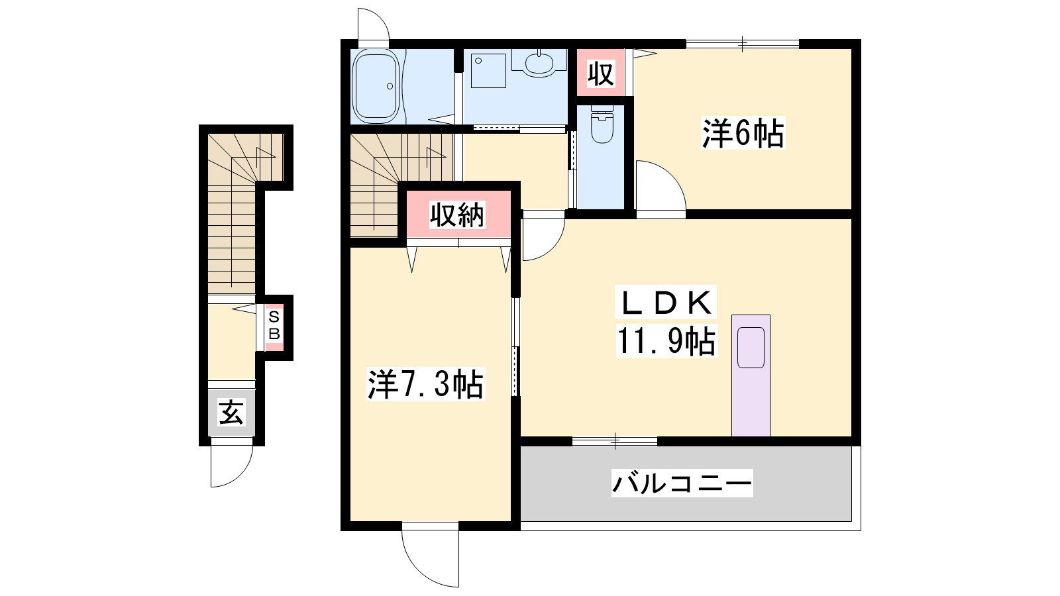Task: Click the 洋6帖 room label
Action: [743, 133]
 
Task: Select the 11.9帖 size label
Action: [666, 340]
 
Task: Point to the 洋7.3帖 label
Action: [425, 384]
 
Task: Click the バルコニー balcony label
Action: [682, 483]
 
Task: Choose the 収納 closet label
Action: [457, 215]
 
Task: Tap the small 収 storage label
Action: [600, 74]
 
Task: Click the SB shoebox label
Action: [274, 325]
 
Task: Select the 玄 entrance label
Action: [231, 413]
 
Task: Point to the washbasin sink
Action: [539, 63]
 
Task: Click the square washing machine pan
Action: [489, 70]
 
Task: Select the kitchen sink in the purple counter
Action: [751, 348]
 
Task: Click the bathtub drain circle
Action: [390, 86]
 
